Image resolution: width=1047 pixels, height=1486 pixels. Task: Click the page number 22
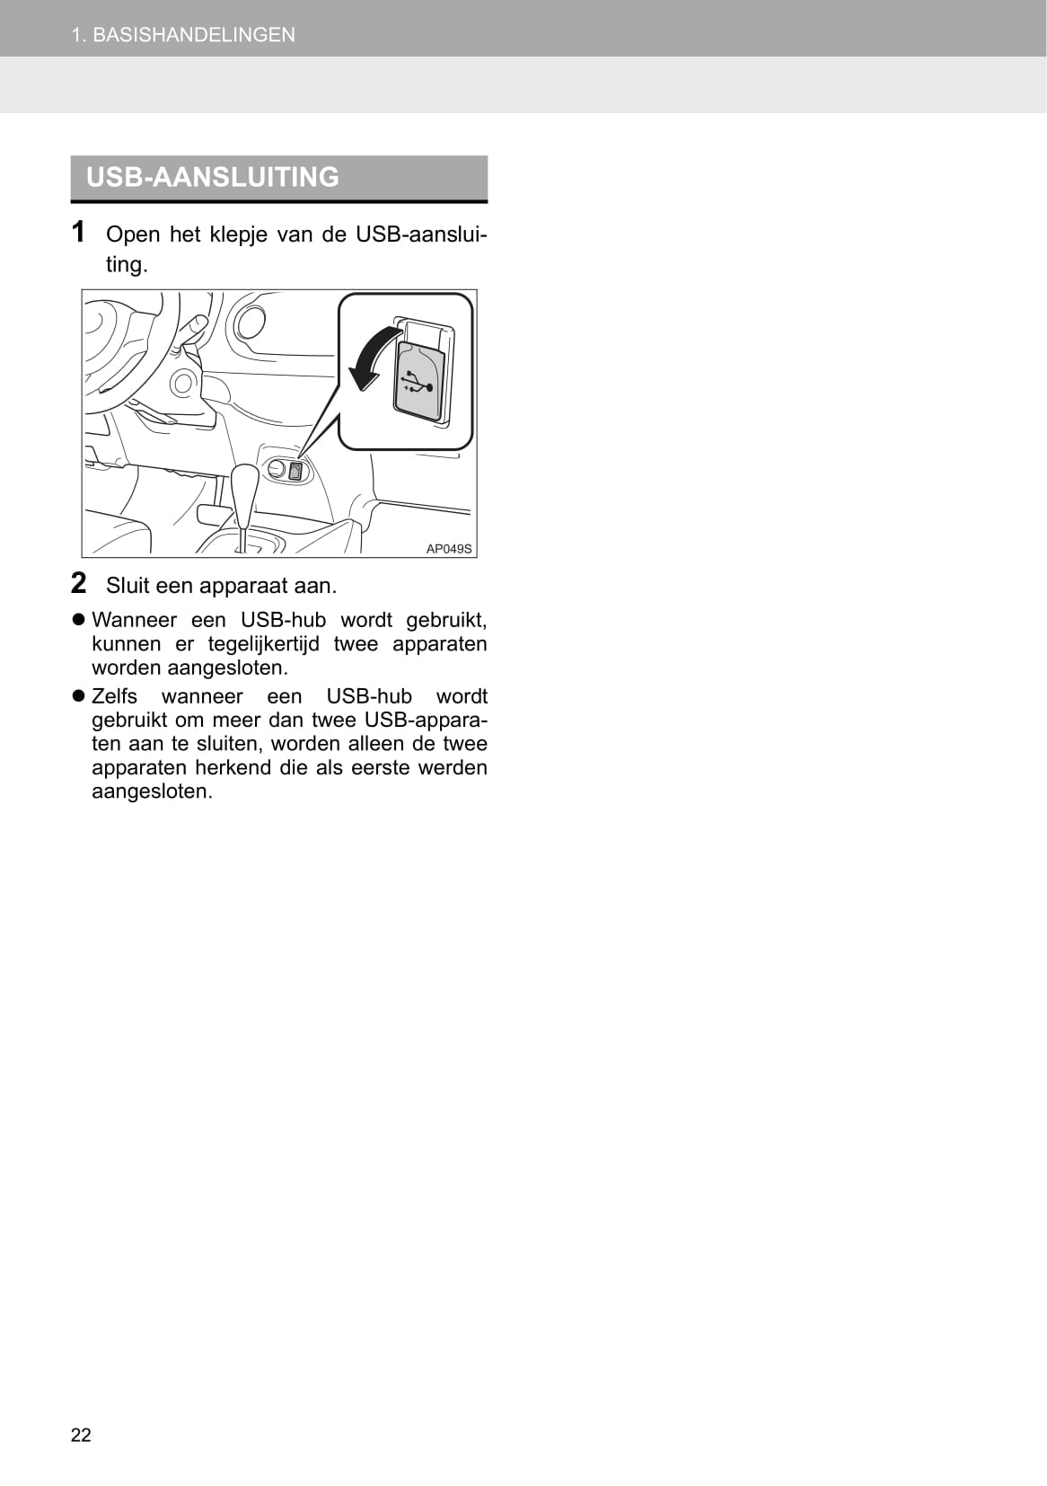pos(81,1435)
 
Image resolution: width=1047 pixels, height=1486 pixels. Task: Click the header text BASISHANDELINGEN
pos(194,35)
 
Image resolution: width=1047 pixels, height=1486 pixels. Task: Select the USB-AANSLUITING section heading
pos(213,177)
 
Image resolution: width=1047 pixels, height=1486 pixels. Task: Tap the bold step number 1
pos(78,232)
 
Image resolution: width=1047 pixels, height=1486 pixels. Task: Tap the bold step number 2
pos(79,583)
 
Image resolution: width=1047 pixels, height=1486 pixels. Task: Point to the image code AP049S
pos(449,549)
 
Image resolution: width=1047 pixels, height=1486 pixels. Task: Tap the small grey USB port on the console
pos(295,472)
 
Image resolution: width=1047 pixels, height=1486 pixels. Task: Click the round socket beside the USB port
pos(276,471)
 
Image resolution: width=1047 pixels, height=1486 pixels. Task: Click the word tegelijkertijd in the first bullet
pos(263,644)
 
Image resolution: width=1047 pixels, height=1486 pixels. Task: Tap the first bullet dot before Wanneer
pos(79,620)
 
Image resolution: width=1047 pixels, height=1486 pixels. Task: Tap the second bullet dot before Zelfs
pos(79,696)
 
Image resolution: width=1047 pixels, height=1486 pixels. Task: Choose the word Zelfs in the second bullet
pos(114,696)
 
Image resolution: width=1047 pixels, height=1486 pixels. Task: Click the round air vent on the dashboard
pos(250,323)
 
